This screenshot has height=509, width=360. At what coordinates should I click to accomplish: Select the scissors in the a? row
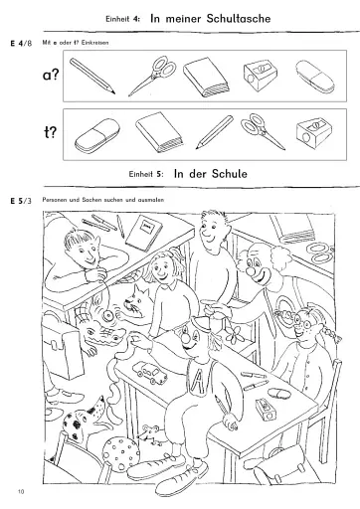click(152, 77)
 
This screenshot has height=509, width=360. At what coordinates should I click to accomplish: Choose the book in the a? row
click(207, 77)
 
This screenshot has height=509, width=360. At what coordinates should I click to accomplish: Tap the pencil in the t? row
click(210, 132)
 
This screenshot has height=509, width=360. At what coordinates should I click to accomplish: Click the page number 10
click(21, 492)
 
